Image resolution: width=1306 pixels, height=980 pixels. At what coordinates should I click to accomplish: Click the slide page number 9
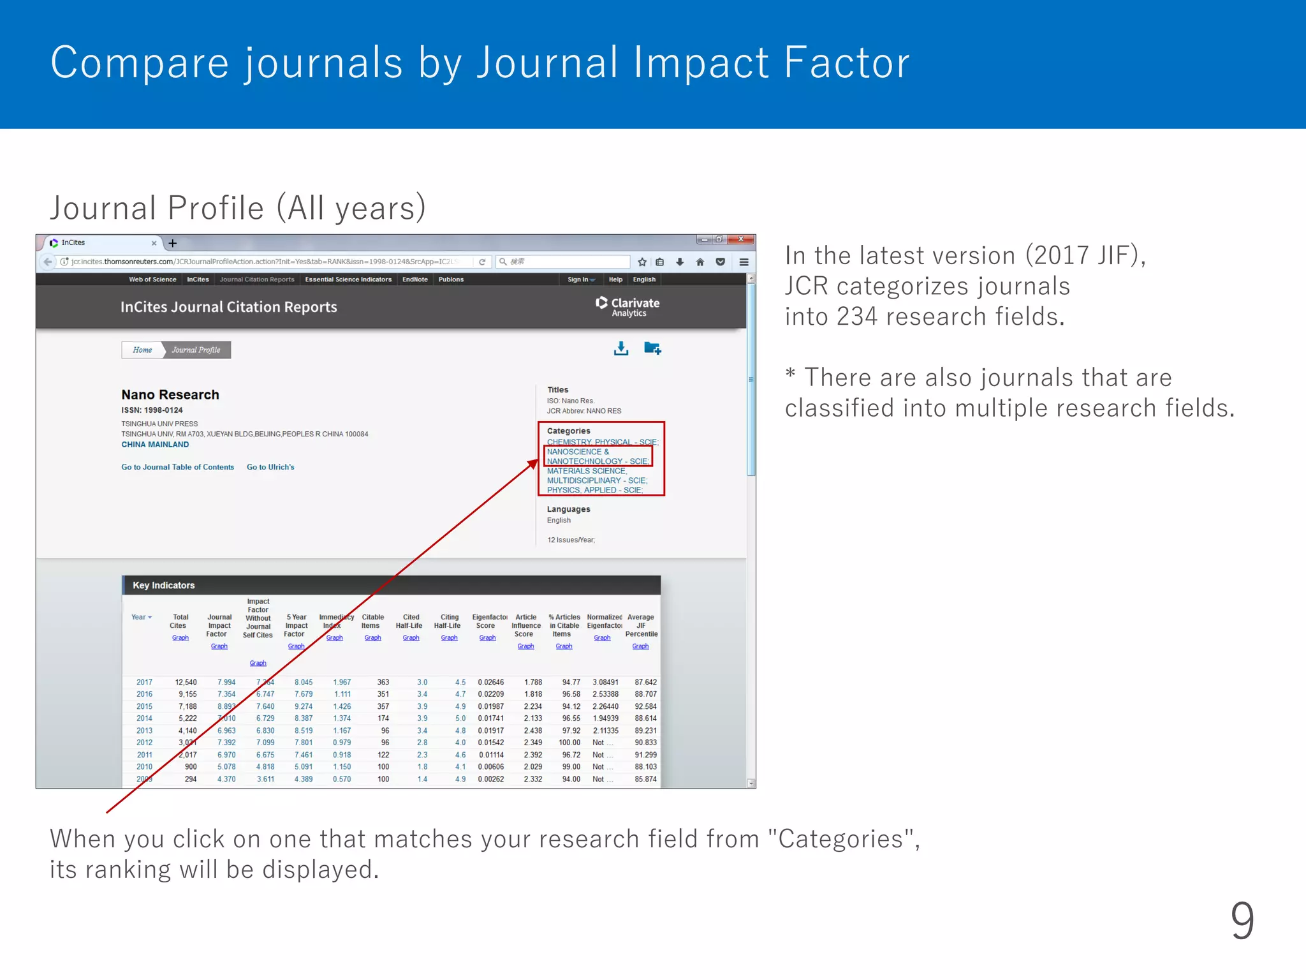[1242, 920]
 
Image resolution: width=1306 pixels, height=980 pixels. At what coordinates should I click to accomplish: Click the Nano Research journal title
[170, 395]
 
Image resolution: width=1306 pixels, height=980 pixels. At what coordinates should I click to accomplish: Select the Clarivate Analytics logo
[627, 306]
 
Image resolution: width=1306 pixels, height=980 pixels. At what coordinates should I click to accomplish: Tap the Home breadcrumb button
[142, 350]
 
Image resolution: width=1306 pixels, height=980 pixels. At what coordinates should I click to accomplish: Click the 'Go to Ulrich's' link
[270, 467]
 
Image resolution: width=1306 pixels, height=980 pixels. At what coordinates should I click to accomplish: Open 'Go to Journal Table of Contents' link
[178, 467]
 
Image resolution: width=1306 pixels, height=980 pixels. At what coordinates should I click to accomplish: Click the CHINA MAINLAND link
[155, 445]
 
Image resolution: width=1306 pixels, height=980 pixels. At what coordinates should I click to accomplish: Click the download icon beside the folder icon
[620, 348]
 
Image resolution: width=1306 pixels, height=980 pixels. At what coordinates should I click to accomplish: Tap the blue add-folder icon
[652, 348]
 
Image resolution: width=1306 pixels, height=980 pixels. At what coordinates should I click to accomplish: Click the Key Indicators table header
[164, 585]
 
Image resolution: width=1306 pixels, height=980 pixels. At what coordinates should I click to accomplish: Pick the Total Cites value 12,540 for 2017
[186, 682]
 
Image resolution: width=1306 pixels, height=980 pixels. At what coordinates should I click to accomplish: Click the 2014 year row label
[144, 718]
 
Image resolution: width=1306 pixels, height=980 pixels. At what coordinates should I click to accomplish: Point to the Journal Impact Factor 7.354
[226, 694]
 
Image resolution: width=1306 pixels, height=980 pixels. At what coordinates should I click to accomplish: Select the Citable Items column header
[372, 621]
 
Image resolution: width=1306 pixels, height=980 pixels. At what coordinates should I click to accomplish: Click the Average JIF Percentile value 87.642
[645, 682]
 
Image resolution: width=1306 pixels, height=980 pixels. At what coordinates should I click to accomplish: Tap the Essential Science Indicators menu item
[348, 279]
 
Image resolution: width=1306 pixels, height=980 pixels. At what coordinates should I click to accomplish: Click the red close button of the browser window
[741, 239]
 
